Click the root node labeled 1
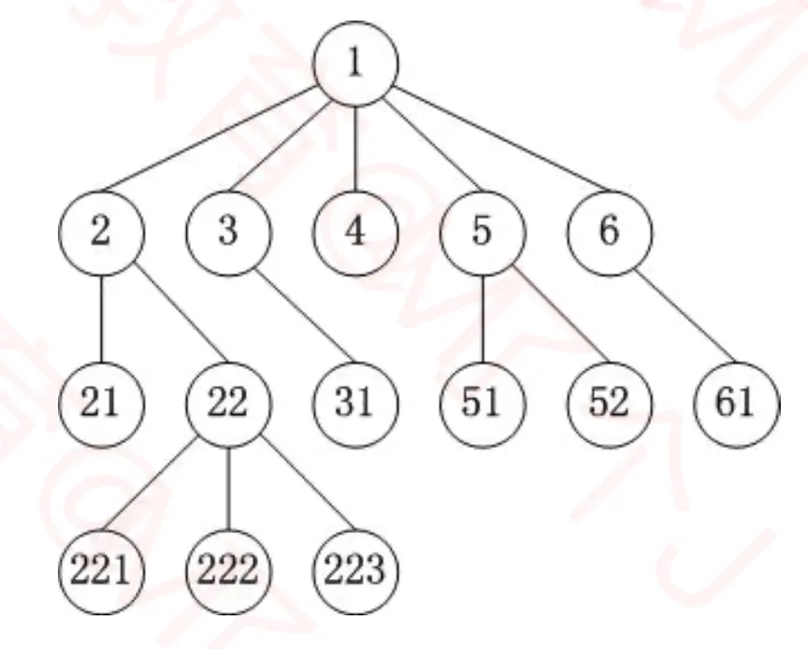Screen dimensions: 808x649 tap(356, 63)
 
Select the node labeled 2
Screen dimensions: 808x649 tap(101, 232)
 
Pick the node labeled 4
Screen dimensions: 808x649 tap(356, 232)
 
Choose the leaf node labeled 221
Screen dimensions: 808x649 tap(101, 570)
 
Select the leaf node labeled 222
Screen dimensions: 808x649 tap(229, 570)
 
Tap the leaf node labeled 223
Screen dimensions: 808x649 tap(356, 570)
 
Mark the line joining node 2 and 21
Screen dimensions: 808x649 tap(101, 317)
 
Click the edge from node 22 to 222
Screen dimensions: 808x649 tap(229, 486)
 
